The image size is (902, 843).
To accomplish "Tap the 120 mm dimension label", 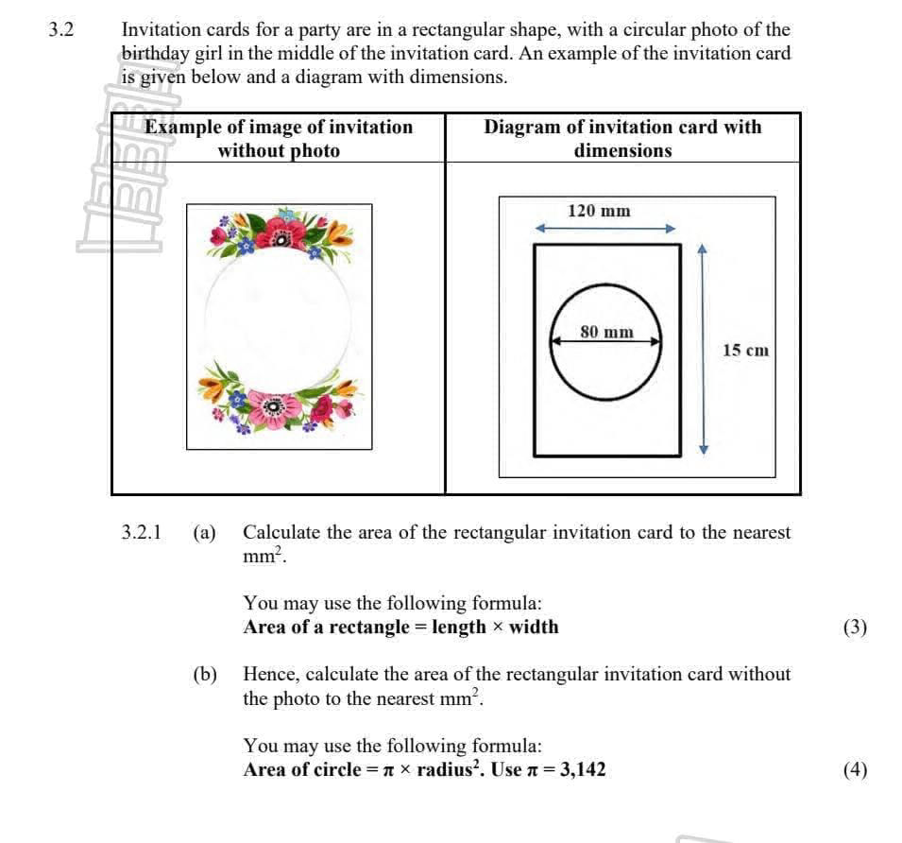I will click(x=599, y=211).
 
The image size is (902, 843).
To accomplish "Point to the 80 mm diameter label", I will click(x=606, y=332).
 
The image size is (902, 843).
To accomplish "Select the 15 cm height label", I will click(x=745, y=351).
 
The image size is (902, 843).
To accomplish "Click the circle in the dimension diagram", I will click(x=606, y=366).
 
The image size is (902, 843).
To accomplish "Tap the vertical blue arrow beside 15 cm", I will click(x=702, y=350).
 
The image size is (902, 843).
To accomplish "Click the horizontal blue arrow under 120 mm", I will click(x=606, y=229).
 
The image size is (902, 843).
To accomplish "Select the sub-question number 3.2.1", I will click(x=141, y=533).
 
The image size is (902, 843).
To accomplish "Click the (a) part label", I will click(x=204, y=533).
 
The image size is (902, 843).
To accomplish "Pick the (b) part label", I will click(x=204, y=675).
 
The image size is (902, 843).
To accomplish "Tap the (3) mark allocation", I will click(x=855, y=628).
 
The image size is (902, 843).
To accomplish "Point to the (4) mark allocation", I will click(x=855, y=769).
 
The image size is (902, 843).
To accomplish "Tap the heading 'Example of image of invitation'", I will click(x=279, y=127).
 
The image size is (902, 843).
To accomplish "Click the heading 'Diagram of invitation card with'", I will click(x=622, y=127).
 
